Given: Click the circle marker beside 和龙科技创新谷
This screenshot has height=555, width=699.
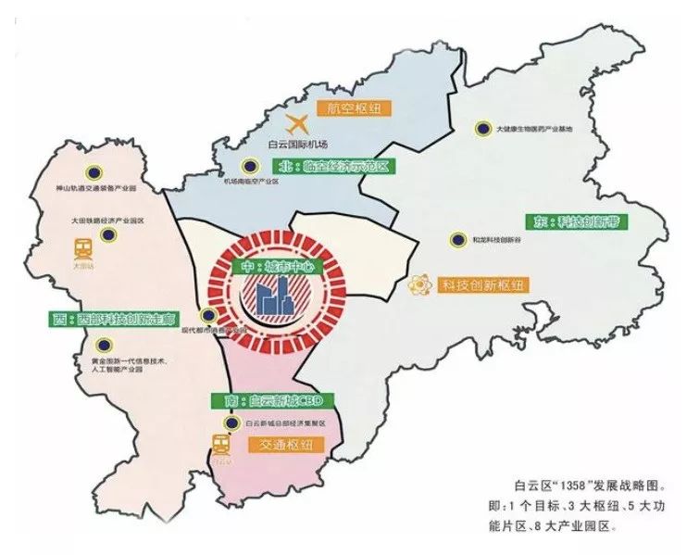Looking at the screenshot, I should [456, 239].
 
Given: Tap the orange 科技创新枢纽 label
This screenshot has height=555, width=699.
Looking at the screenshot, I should [481, 285].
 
